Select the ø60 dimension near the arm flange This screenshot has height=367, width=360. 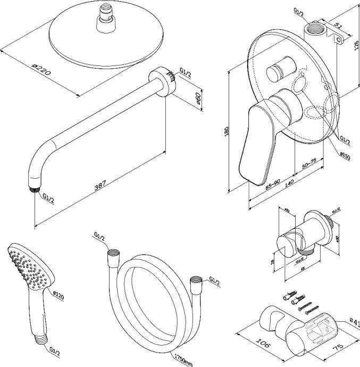click(197, 99)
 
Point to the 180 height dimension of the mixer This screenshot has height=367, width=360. click(226, 132)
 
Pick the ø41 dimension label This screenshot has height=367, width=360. click(354, 322)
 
